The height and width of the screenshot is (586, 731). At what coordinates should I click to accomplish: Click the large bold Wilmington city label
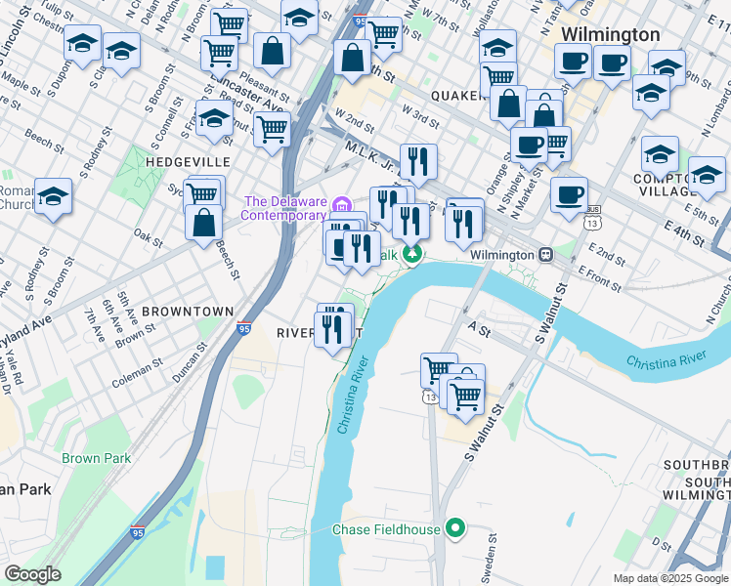coord(611,34)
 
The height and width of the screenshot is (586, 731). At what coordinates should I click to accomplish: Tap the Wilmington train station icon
coord(546,254)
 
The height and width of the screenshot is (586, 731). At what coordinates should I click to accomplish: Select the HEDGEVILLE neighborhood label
coord(188,161)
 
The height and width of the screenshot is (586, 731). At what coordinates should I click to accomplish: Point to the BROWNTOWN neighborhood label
coord(187,312)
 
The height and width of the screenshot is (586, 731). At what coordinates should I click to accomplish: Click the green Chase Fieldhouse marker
coord(454,529)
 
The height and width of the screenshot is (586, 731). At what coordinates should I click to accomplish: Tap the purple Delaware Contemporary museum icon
coord(341,205)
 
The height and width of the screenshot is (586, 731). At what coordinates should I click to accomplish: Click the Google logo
coord(32,574)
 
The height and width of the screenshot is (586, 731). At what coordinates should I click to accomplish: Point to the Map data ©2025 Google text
coord(670,578)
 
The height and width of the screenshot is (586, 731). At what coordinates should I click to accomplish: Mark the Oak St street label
coord(148,235)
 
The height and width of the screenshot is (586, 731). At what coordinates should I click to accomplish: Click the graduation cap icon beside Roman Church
coord(54,196)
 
